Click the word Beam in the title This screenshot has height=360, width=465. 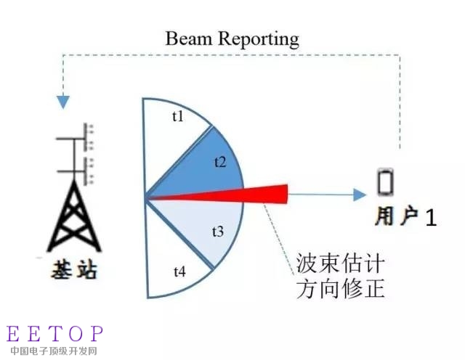pyautogui.click(x=189, y=38)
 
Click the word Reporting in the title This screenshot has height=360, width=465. pyautogui.click(x=259, y=40)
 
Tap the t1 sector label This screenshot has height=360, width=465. pyautogui.click(x=178, y=116)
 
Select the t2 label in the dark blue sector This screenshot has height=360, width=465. pyautogui.click(x=220, y=162)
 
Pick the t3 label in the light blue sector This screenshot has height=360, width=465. pyautogui.click(x=218, y=232)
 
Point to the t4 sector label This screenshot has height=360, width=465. pyautogui.click(x=180, y=271)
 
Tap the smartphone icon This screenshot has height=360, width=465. pyautogui.click(x=386, y=181)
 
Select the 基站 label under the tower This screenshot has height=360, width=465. pyautogui.click(x=74, y=269)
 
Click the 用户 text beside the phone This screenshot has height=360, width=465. pyautogui.click(x=397, y=216)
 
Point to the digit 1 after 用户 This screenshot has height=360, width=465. pyautogui.click(x=431, y=218)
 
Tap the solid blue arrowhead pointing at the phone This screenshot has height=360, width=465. pyautogui.click(x=360, y=195)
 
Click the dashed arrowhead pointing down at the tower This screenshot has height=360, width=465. pyautogui.click(x=63, y=102)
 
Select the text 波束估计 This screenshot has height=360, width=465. pyautogui.click(x=340, y=263)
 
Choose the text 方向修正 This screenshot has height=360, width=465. pyautogui.click(x=340, y=288)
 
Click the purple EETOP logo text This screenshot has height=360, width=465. pyautogui.click(x=55, y=333)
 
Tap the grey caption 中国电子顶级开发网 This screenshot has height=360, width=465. pyautogui.click(x=54, y=351)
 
